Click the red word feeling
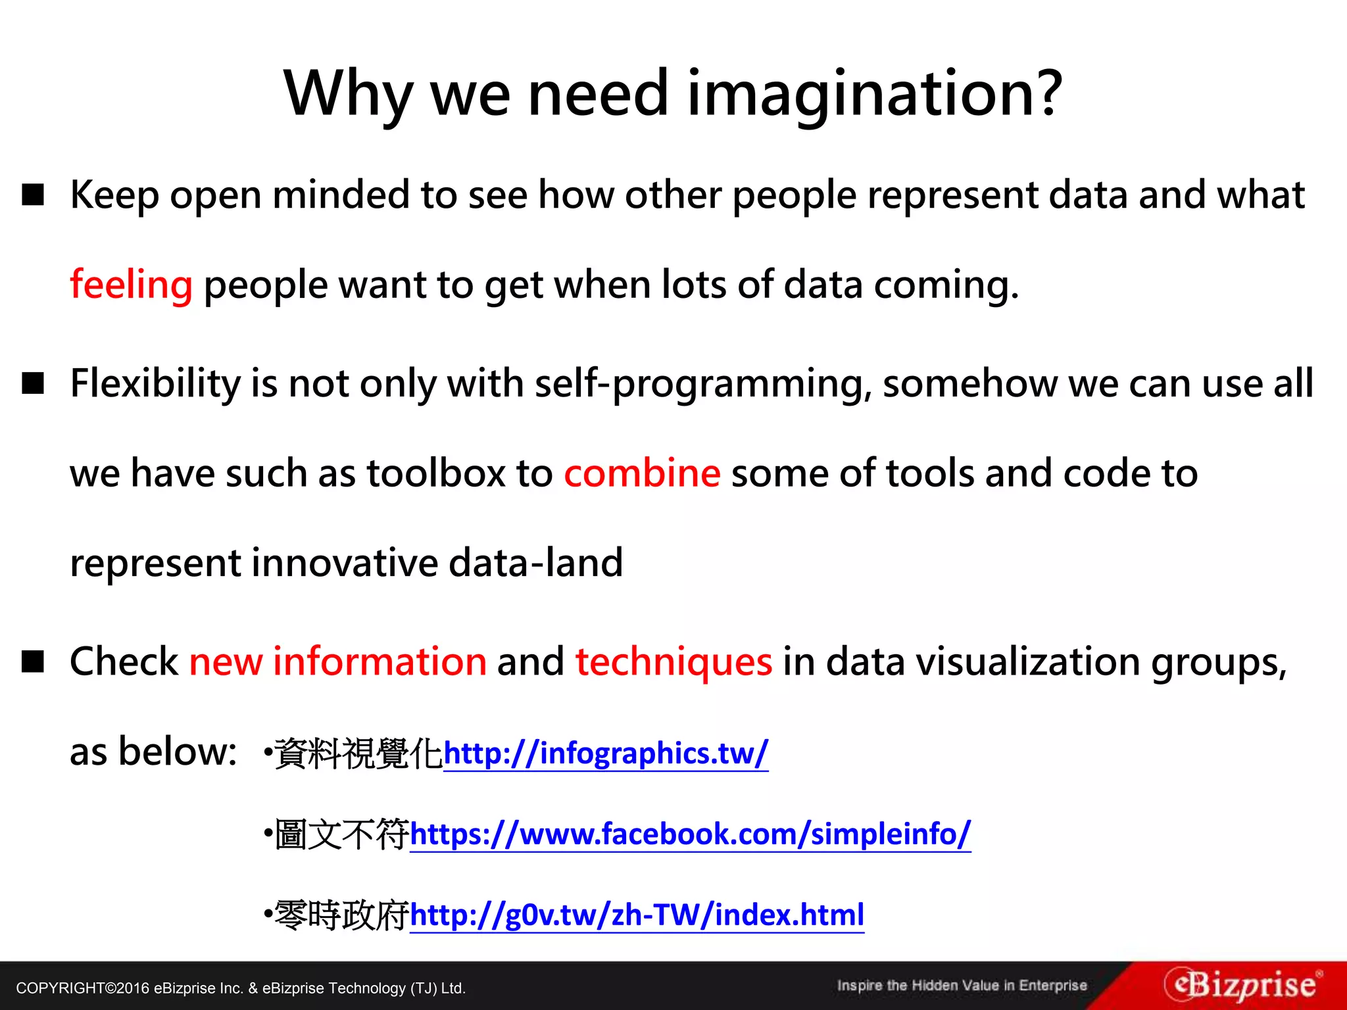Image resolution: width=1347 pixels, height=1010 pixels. coord(131,285)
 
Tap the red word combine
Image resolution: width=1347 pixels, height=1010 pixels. coord(642,473)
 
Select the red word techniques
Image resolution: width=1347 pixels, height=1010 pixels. coord(673,661)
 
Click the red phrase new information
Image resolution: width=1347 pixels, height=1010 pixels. coord(337,661)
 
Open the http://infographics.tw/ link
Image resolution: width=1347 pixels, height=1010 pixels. coord(606,754)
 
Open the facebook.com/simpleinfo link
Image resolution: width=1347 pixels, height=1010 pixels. coord(690,834)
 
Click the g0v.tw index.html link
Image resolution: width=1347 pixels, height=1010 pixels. coord(637,915)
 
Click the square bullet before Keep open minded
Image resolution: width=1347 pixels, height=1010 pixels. coord(33,195)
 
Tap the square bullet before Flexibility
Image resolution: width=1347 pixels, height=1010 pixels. coord(33,383)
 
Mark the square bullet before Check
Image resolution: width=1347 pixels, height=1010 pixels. coord(33,661)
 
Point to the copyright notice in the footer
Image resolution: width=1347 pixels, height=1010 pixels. coord(241,988)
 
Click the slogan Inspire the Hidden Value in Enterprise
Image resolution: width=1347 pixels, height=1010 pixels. coord(962,986)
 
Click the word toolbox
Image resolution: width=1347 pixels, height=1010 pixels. coord(436,473)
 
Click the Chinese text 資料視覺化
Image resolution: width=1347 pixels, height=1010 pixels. coord(358,754)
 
